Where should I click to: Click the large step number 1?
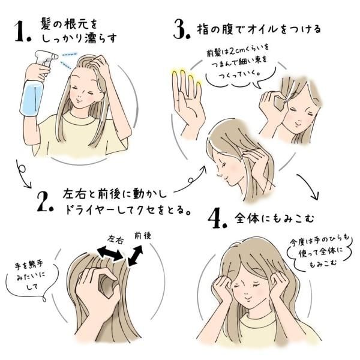click(x=22, y=32)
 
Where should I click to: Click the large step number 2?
click(x=45, y=202)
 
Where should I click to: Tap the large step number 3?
click(x=182, y=29)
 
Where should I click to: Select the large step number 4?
click(x=217, y=218)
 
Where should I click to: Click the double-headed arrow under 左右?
click(x=110, y=253)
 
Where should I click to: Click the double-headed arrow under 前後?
click(x=136, y=256)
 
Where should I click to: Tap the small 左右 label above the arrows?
click(x=116, y=239)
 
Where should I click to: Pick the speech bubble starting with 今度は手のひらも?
click(x=320, y=251)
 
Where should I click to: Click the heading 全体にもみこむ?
click(x=274, y=218)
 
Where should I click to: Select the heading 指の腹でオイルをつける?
click(x=259, y=29)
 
